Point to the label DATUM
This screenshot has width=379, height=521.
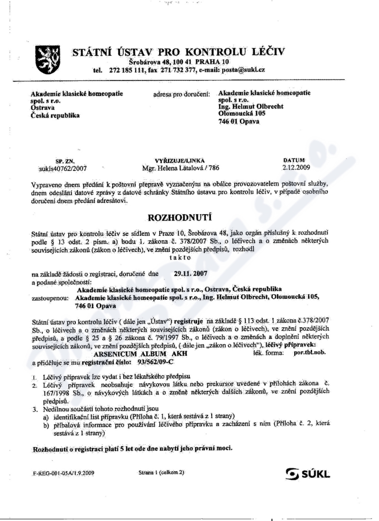294,160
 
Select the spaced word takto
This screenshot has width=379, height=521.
179,258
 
